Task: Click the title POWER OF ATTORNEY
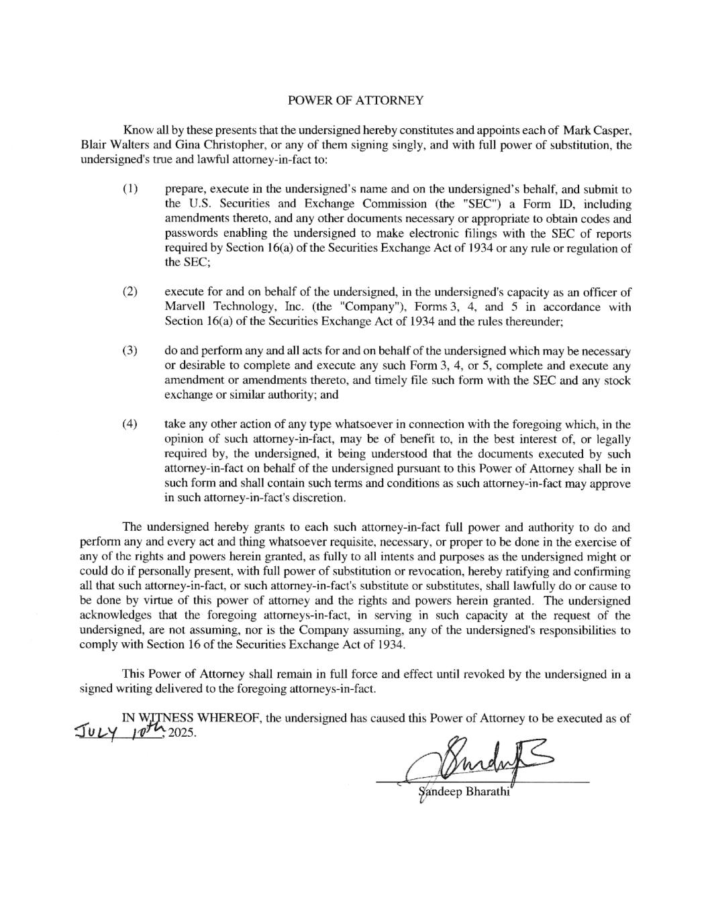(355, 101)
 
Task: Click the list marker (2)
(130, 292)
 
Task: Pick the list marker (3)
(130, 351)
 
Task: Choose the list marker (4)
(130, 424)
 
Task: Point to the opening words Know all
(142, 130)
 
